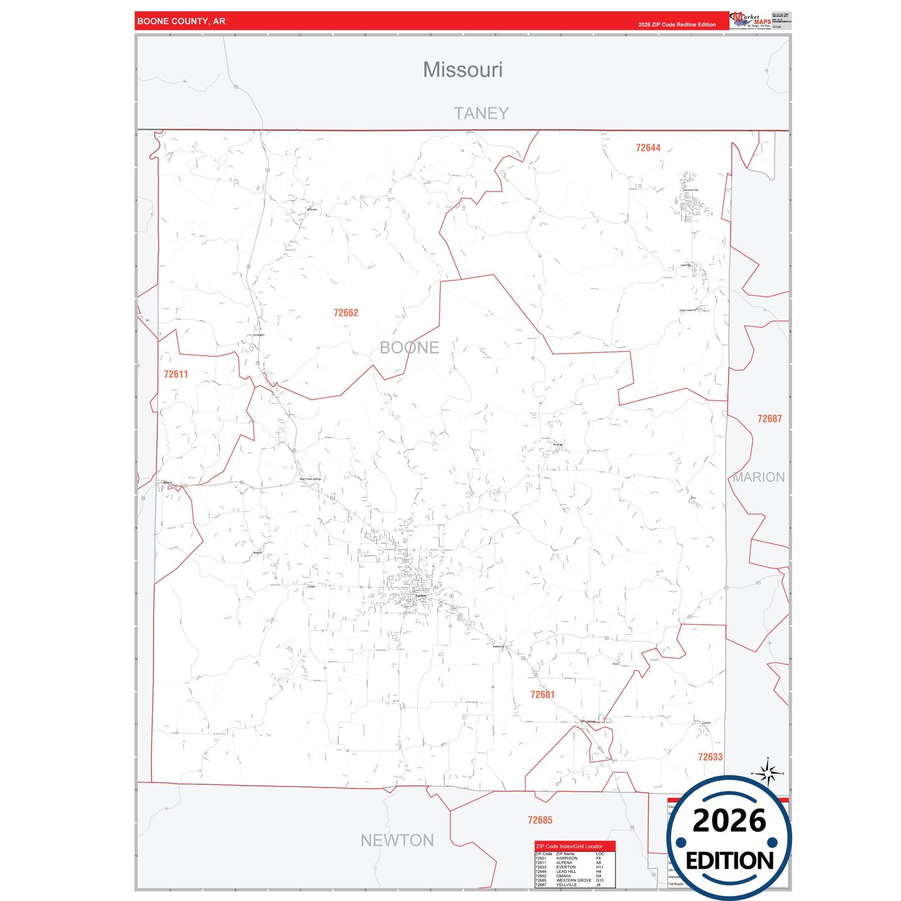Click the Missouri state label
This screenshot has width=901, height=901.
point(463,70)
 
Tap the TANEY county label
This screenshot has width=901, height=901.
point(481,113)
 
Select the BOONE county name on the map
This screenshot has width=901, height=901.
point(409,347)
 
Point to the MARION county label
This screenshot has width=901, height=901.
point(758,477)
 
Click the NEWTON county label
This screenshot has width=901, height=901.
point(397,841)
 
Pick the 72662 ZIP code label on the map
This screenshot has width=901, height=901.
point(345,313)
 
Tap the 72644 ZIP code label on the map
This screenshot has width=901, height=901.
point(648,148)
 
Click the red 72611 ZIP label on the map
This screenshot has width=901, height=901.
point(176,374)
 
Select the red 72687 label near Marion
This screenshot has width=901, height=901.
point(769,419)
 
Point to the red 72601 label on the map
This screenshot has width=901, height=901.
point(542,695)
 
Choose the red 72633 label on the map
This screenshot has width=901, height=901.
point(710,757)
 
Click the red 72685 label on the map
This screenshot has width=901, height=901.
point(539,821)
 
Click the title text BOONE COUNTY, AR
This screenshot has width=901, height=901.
point(181,21)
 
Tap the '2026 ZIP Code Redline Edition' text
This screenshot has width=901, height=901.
point(677,25)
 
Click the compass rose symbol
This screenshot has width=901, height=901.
point(768,774)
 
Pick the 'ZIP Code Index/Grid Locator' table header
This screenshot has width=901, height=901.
point(569,846)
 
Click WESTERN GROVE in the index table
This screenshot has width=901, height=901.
point(574,880)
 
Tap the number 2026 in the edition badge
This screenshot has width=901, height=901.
point(729,821)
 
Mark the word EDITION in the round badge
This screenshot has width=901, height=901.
point(730,861)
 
